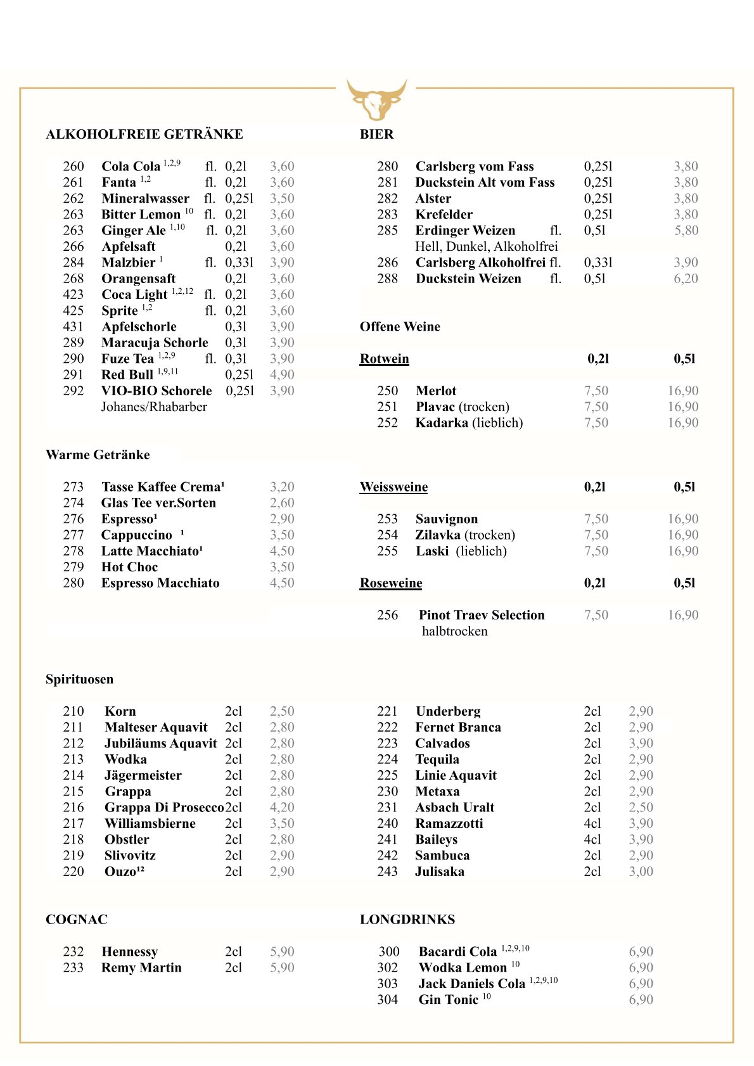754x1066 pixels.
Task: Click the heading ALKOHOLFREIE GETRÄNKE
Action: (144, 134)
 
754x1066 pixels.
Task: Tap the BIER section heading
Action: (376, 134)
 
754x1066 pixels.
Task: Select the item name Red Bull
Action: (127, 375)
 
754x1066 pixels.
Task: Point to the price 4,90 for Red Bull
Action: (282, 375)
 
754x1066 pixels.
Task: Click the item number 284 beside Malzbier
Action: (73, 263)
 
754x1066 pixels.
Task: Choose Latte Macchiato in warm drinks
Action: (151, 551)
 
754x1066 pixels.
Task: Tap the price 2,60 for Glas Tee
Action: (282, 503)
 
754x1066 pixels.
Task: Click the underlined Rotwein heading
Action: (384, 359)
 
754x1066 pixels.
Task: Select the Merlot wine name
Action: (436, 391)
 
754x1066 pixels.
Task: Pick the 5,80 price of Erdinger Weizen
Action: (686, 231)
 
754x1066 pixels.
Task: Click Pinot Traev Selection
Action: (482, 615)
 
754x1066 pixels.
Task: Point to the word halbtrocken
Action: (454, 631)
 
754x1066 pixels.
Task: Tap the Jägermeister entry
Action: (143, 775)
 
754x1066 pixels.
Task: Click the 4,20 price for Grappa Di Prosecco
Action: (282, 808)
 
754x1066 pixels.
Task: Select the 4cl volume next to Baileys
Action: (592, 839)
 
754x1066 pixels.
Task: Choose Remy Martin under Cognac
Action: (141, 968)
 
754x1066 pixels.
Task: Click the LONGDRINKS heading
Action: (407, 920)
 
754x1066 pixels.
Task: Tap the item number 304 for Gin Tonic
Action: (388, 1000)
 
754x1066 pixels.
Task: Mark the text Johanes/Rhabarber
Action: (154, 407)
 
